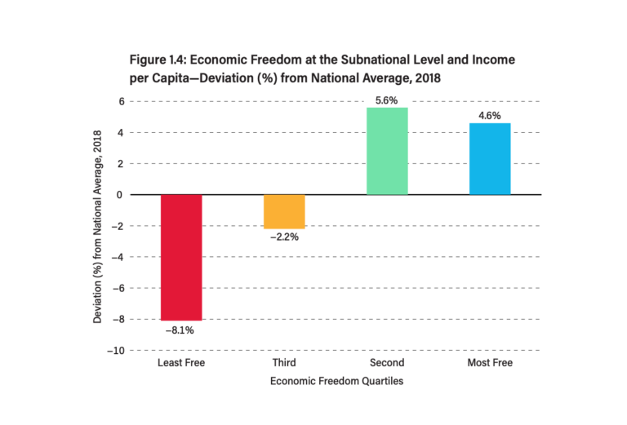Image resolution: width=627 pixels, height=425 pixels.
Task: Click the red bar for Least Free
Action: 180,257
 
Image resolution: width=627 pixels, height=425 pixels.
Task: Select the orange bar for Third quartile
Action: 283,211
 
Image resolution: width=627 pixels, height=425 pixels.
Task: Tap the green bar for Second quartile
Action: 387,151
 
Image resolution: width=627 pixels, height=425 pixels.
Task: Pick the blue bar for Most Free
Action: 490,159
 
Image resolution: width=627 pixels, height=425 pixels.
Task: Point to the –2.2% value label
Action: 283,237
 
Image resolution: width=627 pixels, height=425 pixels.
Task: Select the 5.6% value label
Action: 386,100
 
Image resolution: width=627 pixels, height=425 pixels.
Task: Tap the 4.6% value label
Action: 490,116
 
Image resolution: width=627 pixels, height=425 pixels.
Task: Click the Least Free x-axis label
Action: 180,362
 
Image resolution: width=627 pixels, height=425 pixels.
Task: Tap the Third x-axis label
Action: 283,362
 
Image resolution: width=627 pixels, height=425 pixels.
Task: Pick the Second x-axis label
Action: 387,362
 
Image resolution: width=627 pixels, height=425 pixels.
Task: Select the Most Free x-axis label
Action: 490,362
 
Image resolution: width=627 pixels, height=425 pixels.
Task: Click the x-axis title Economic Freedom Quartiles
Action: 335,381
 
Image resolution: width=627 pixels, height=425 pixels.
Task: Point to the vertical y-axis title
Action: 98,226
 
